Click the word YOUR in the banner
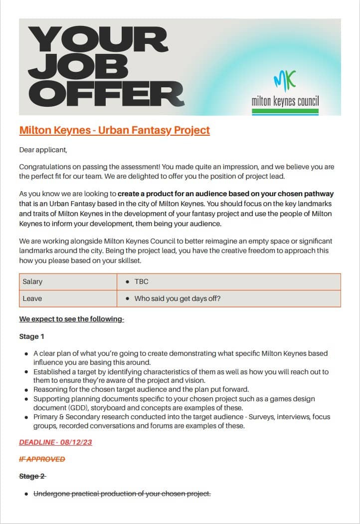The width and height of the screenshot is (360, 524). [x=97, y=41]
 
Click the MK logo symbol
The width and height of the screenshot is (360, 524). [x=285, y=79]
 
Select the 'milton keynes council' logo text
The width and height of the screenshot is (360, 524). [x=285, y=101]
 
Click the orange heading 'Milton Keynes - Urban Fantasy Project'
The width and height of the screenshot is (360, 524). [x=114, y=131]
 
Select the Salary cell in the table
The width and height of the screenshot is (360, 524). [x=33, y=281]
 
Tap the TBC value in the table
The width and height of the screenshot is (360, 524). [x=141, y=281]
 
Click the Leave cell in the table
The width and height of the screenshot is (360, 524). [x=32, y=298]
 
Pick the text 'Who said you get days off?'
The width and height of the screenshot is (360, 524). [x=178, y=298]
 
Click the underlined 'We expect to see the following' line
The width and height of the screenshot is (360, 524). [x=71, y=319]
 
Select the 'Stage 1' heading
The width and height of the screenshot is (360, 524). [x=32, y=336]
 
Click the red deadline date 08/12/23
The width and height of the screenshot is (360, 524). [x=76, y=442]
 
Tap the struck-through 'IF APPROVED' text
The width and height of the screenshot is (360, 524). [x=42, y=459]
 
